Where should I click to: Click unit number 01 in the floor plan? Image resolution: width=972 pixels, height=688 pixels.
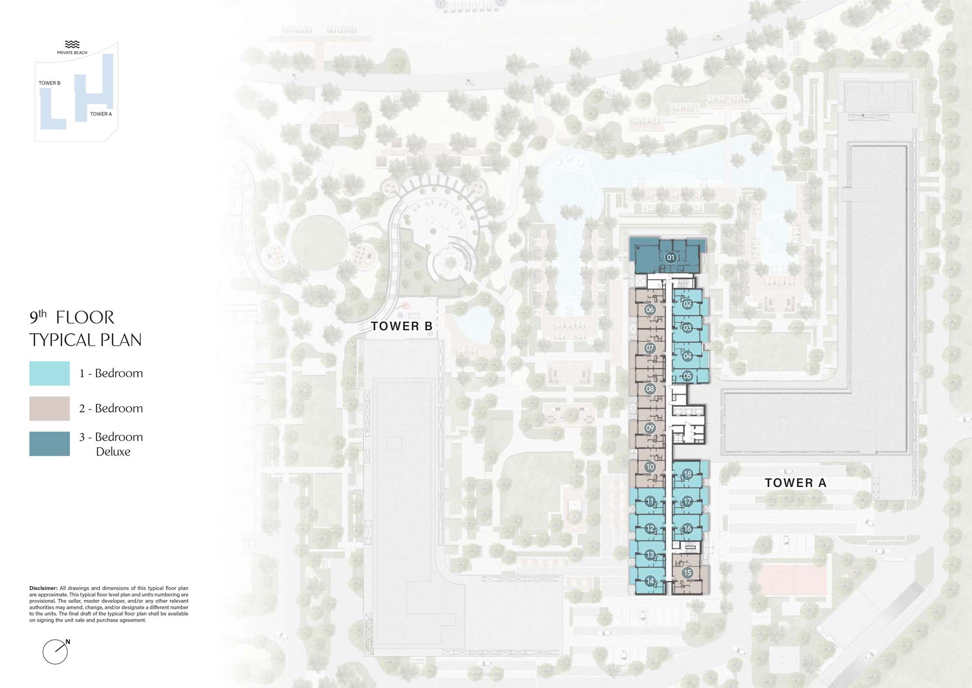click(x=671, y=257)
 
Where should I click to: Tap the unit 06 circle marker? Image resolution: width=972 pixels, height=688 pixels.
click(x=650, y=309)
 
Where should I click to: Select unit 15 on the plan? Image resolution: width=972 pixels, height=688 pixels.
click(x=687, y=573)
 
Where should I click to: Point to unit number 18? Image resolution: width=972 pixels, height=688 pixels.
click(x=687, y=474)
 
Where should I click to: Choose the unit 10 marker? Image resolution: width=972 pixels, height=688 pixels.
click(x=650, y=467)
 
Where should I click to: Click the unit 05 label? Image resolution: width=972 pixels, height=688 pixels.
click(x=687, y=376)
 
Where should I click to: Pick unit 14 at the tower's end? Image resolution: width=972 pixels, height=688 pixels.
click(x=650, y=581)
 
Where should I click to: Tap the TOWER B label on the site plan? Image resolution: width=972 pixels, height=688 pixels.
click(x=402, y=326)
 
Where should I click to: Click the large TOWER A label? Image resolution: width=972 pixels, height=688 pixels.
click(x=796, y=483)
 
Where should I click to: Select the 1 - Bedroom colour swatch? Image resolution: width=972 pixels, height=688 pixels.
click(x=50, y=373)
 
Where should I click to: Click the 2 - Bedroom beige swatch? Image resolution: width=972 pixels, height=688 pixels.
click(x=50, y=408)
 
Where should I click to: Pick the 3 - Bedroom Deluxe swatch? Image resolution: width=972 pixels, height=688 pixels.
click(x=50, y=444)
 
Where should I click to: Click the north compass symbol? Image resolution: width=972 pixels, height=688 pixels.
click(x=55, y=651)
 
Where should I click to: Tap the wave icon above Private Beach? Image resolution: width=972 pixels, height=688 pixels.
click(x=72, y=44)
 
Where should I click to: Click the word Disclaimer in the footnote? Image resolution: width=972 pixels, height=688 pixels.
click(x=43, y=588)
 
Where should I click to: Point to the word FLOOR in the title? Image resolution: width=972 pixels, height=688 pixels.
click(x=85, y=318)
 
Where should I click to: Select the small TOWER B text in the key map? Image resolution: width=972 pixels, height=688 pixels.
click(x=50, y=83)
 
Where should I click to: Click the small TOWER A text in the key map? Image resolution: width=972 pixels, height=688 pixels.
click(x=101, y=114)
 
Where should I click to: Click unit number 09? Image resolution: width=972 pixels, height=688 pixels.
click(x=650, y=428)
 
